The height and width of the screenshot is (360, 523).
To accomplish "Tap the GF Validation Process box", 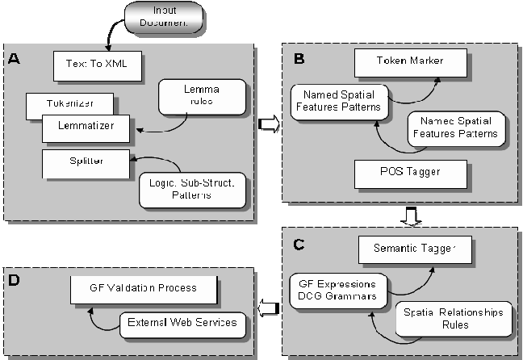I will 144,287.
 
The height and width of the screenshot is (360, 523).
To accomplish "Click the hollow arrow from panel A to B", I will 268,123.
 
